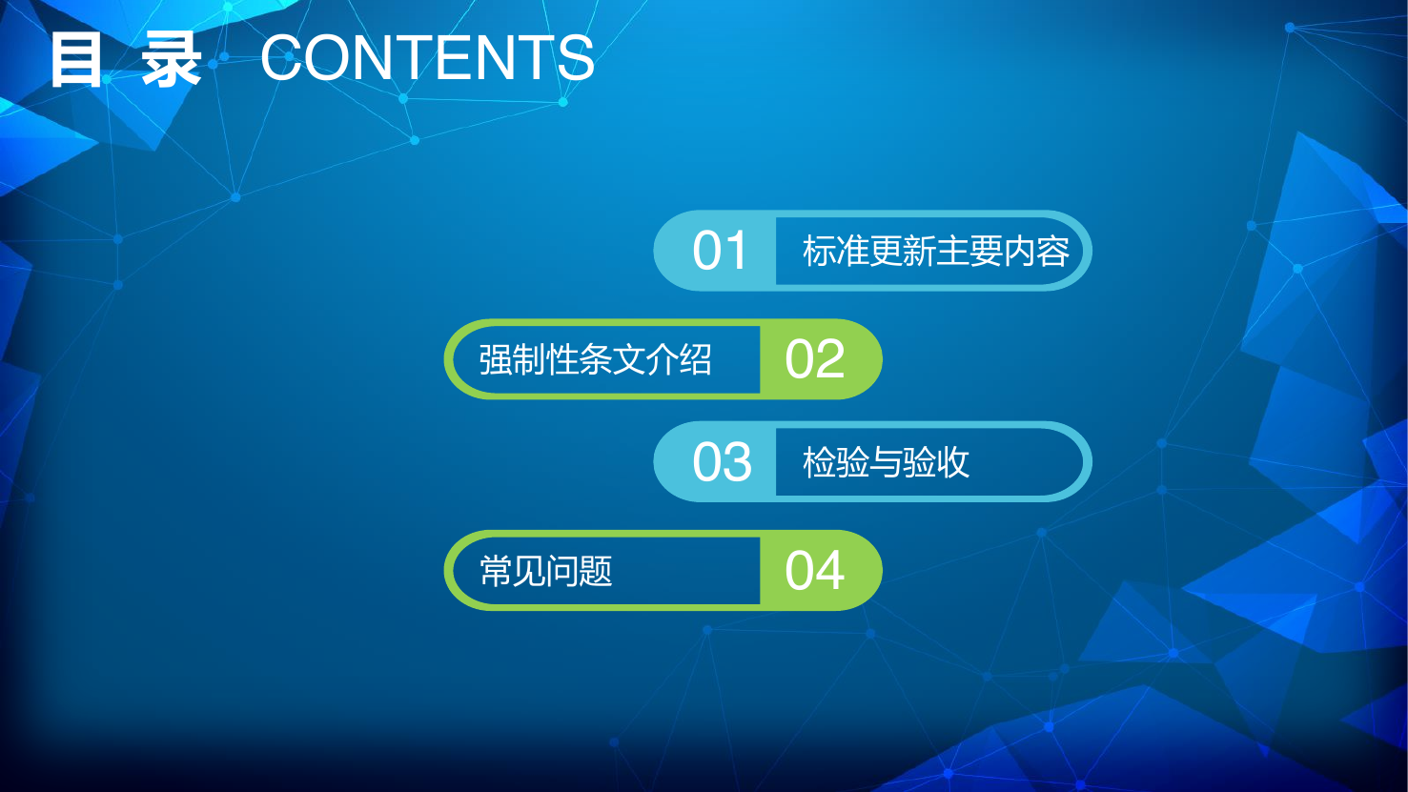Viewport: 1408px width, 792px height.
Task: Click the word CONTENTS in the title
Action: (x=427, y=58)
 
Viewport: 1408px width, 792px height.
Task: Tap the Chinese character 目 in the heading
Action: (x=76, y=59)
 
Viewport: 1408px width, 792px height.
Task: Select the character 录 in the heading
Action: (x=171, y=59)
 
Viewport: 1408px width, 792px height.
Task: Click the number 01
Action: (x=719, y=251)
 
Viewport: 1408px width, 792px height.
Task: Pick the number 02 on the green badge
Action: (x=815, y=359)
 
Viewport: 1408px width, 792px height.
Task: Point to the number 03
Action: (x=722, y=462)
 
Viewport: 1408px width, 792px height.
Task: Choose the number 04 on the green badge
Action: (x=815, y=570)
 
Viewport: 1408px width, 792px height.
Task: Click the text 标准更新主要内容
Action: (x=936, y=251)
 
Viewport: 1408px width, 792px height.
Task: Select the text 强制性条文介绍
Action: (x=595, y=359)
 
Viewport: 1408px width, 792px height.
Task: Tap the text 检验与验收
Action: (x=886, y=462)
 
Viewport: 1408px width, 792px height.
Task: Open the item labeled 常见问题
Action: (x=545, y=571)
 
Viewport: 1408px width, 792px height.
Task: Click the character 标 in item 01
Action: (x=819, y=251)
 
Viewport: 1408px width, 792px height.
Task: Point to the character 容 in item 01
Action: (x=1052, y=251)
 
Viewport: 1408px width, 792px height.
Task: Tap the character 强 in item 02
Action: (x=496, y=359)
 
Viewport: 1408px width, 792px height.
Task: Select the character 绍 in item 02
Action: (x=695, y=359)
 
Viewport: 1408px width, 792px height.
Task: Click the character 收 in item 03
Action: (x=953, y=462)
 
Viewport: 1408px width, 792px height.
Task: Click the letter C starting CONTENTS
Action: (x=283, y=58)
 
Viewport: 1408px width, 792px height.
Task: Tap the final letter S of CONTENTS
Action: (x=575, y=58)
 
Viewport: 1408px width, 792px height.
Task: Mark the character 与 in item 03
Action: (x=886, y=462)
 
